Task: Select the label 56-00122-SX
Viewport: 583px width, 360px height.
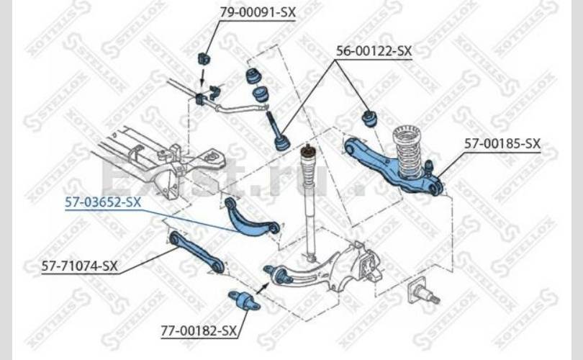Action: click(x=374, y=50)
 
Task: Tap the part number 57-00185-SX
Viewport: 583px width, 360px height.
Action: click(x=502, y=144)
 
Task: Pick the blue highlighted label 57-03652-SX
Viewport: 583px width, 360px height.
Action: click(x=103, y=202)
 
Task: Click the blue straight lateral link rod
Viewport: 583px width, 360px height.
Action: click(x=195, y=252)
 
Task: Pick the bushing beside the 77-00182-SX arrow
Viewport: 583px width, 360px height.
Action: click(x=244, y=302)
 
